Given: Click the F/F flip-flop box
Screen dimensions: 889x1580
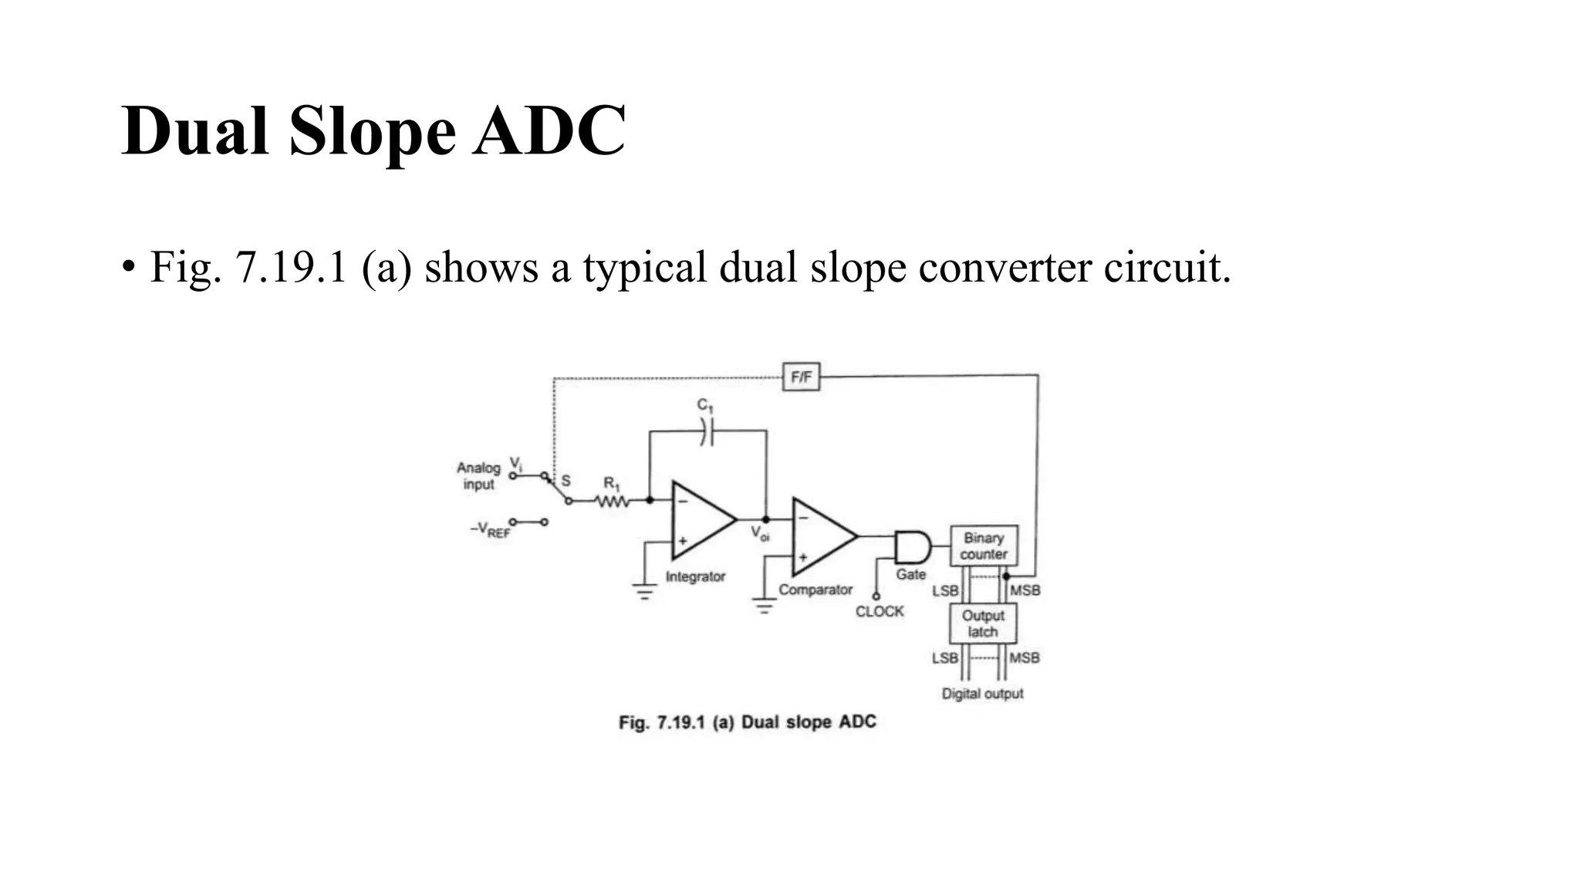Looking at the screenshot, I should tap(801, 377).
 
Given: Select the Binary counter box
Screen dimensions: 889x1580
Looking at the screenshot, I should tap(984, 546).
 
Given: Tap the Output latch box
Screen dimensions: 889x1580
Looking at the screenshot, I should tap(983, 624).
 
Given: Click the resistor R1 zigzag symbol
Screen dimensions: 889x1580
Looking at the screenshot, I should tap(613, 502).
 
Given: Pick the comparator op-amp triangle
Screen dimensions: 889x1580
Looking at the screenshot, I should tap(822, 536).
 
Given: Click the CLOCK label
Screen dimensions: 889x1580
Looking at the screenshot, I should tap(879, 611).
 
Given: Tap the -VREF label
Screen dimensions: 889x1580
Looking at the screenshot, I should tap(491, 530).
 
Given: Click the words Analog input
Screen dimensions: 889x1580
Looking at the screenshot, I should tap(478, 476).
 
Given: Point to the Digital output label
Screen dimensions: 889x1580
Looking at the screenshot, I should tap(982, 694).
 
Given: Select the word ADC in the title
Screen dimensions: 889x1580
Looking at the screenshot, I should tap(549, 131).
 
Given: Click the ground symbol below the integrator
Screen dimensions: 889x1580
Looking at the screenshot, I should tap(645, 592).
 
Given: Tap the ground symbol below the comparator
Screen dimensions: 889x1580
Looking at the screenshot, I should tap(764, 607).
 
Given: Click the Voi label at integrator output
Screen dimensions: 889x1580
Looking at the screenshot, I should tap(760, 533).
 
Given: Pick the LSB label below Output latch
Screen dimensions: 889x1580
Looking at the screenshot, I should tap(945, 658).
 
